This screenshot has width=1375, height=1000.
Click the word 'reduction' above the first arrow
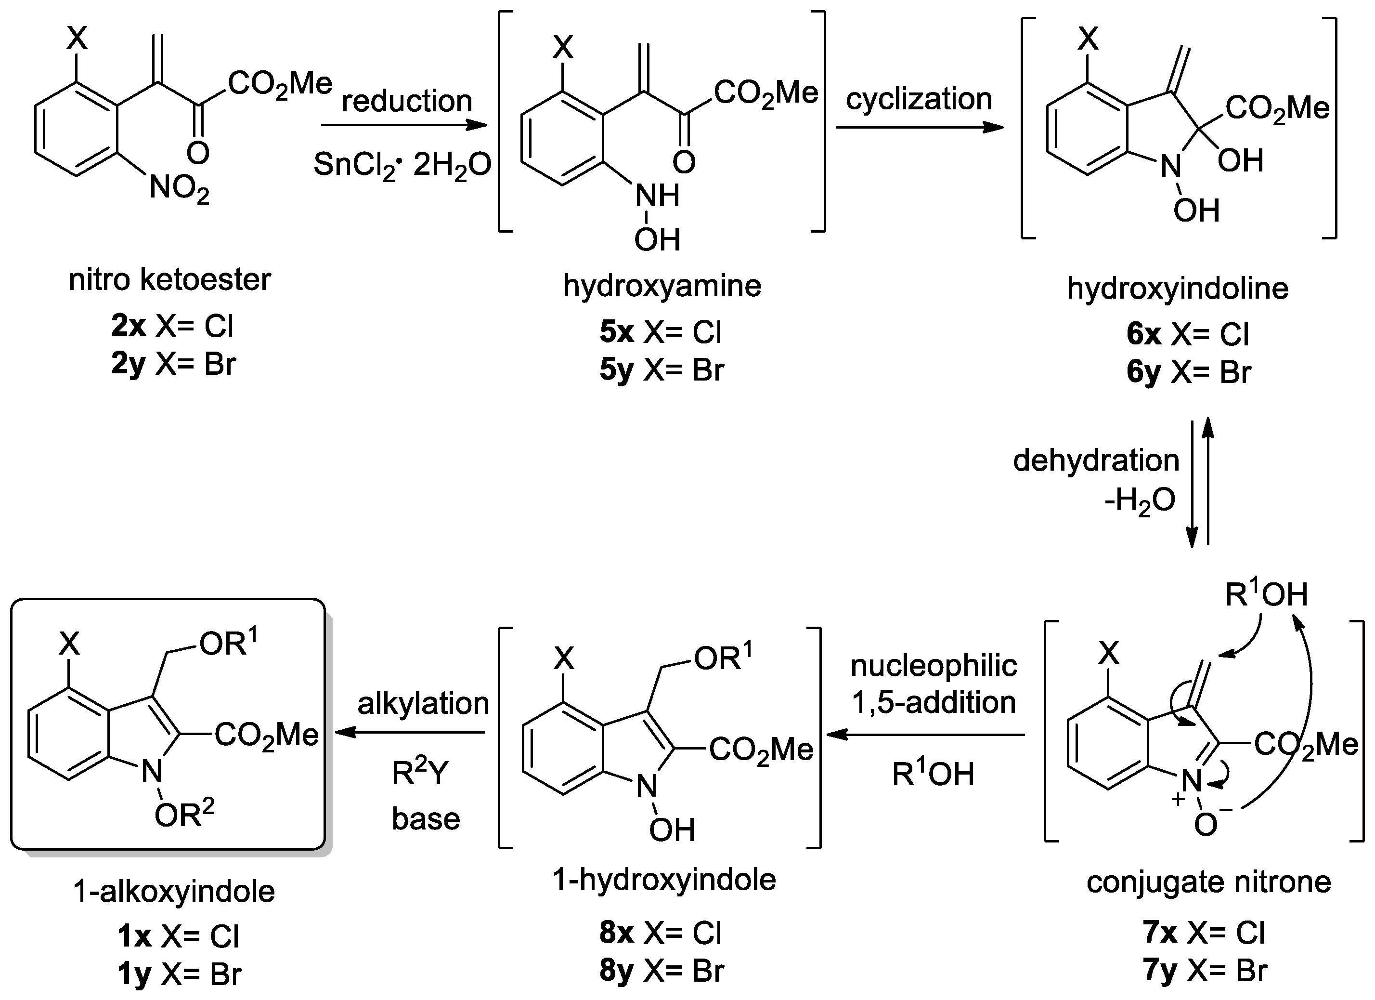(x=406, y=101)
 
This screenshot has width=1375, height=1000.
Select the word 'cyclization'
(x=919, y=99)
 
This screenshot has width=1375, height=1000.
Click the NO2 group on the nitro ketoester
(x=179, y=189)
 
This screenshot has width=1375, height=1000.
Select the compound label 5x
(x=616, y=332)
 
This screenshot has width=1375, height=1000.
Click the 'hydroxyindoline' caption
(x=1177, y=288)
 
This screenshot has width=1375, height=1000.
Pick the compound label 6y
(x=1143, y=372)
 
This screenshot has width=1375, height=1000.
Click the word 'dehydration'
(x=1095, y=461)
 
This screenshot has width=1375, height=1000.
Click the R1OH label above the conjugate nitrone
(x=1266, y=595)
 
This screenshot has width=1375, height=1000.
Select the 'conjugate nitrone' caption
(x=1208, y=882)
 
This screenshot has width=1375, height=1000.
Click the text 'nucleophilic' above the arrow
(x=933, y=666)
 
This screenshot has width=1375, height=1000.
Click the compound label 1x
(x=134, y=937)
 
